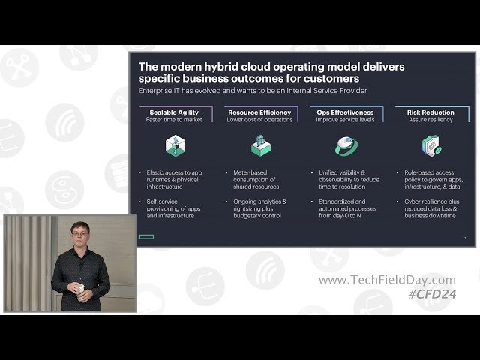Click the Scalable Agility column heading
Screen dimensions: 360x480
point(173,112)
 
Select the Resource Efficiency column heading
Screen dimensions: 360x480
point(259,112)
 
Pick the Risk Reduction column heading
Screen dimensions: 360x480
point(430,112)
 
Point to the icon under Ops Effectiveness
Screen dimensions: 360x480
point(346,145)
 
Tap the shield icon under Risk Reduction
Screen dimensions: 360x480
point(430,145)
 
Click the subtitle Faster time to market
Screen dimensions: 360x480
point(175,120)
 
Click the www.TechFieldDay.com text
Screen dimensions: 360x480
point(386,280)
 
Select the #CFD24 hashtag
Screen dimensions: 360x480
point(432,294)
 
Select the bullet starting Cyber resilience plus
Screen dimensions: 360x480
point(428,208)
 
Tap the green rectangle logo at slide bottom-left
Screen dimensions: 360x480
point(145,237)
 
